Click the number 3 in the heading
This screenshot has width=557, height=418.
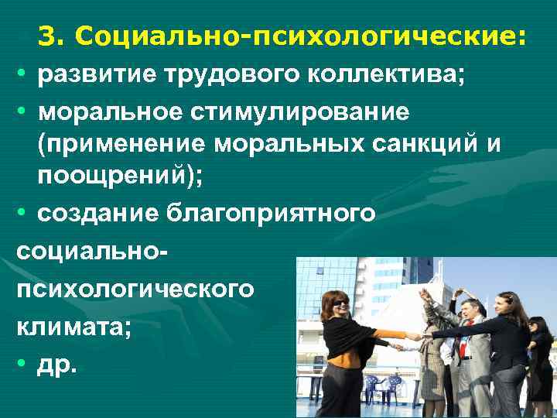[x=46, y=34]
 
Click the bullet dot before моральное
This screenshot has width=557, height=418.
[x=22, y=112]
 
